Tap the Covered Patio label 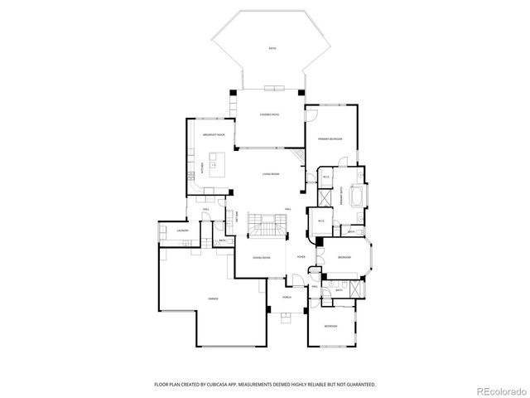(x=269, y=115)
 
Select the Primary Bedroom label (x=330, y=138)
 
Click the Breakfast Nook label (x=215, y=134)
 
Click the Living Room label (x=270, y=174)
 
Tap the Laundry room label (x=183, y=231)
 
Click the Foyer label (x=301, y=258)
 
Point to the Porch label (x=287, y=296)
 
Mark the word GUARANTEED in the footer (x=360, y=385)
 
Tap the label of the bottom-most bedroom (x=330, y=326)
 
